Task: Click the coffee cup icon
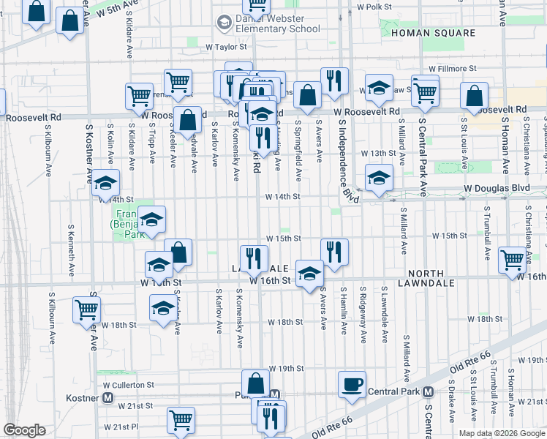[352, 384]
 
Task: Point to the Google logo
[24, 430]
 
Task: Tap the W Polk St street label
[374, 7]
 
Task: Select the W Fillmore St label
[452, 68]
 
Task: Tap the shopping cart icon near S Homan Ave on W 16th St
[512, 259]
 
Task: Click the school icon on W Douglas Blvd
[378, 178]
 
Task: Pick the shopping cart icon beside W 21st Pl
[181, 419]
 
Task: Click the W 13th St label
[380, 154]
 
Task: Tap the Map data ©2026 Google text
[501, 432]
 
